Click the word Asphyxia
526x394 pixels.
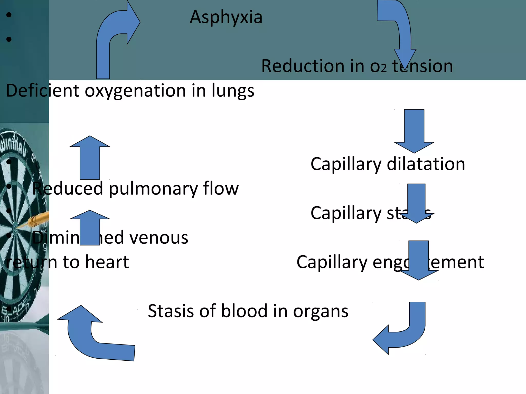226,17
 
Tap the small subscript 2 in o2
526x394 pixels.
383,68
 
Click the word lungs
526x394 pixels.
233,91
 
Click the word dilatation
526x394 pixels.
426,164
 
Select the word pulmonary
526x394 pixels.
154,189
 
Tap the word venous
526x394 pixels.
159,238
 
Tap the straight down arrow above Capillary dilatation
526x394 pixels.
414,131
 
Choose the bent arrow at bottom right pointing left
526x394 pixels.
403,333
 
